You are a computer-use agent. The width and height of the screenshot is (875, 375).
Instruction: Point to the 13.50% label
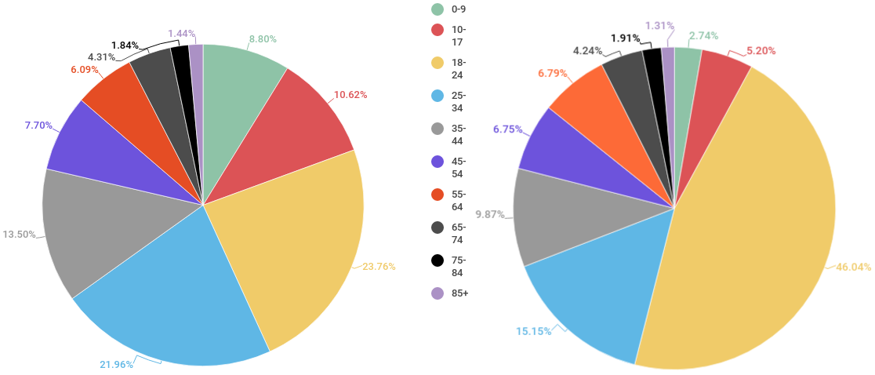(20, 235)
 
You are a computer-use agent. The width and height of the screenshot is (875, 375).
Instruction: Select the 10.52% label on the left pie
(350, 95)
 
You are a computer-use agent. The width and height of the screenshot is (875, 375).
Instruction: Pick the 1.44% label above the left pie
(180, 34)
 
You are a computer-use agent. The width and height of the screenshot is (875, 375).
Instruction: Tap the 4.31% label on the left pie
(102, 57)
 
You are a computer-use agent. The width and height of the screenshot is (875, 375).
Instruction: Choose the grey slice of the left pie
(102, 228)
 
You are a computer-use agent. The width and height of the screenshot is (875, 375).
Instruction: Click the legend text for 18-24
(459, 67)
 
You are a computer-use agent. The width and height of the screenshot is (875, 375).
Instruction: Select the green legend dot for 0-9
(437, 9)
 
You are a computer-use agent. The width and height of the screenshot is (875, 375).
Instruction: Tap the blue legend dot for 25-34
(437, 96)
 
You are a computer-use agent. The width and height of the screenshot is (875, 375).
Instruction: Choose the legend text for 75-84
(459, 266)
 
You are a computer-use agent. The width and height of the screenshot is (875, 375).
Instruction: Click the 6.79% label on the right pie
(552, 74)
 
